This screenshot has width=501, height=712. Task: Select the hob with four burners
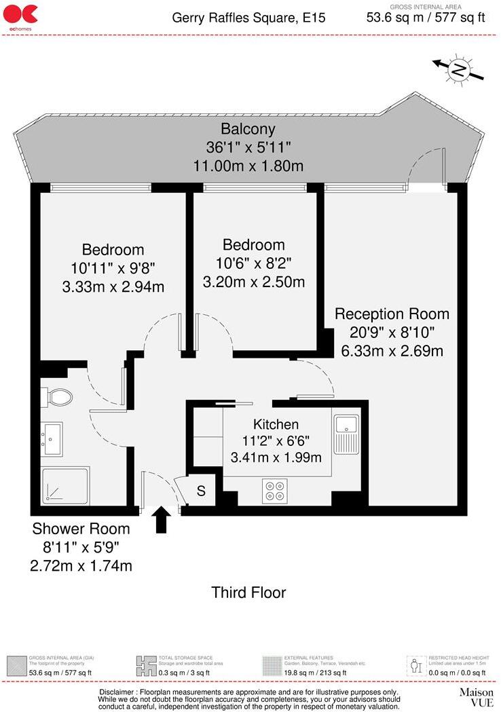[275, 491]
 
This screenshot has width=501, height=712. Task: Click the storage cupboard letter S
[201, 491]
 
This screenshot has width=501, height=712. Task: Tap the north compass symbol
[460, 69]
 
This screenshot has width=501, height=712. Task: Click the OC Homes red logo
[20, 15]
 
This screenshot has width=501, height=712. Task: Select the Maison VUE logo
[476, 696]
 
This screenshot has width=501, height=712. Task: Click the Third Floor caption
[248, 592]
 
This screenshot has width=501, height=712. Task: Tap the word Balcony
[248, 129]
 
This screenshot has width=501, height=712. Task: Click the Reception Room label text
[392, 314]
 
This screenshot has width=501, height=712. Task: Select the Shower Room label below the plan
[81, 529]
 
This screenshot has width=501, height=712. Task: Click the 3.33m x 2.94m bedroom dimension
[113, 286]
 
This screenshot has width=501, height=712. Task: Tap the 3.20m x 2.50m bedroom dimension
[254, 281]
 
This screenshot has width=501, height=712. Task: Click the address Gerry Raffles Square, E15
[248, 18]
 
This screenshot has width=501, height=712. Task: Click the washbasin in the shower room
[52, 438]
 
